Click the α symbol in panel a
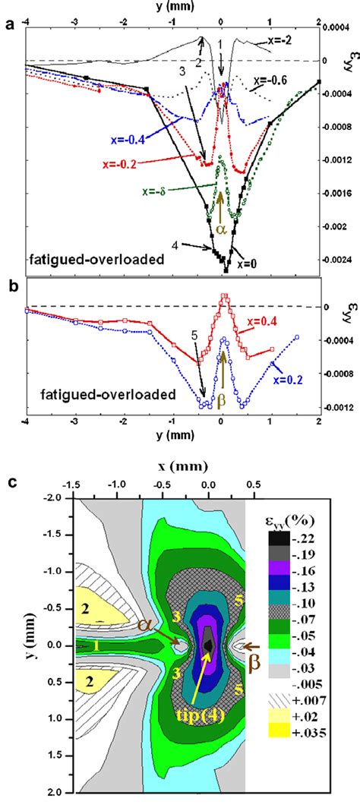221,228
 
